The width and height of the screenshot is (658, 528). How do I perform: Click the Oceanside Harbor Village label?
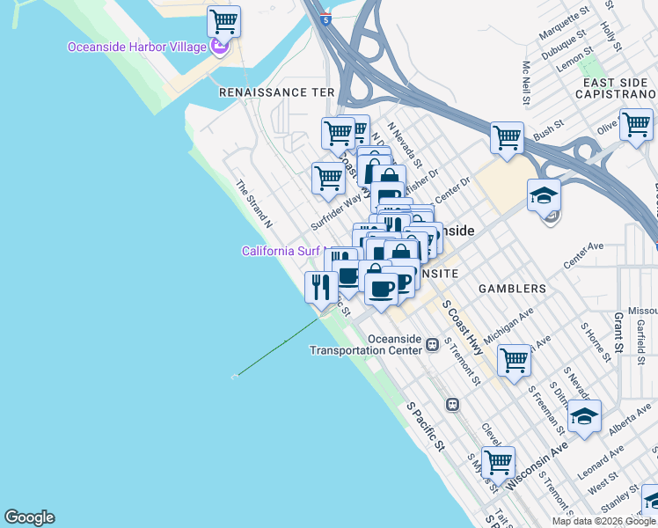(137, 47)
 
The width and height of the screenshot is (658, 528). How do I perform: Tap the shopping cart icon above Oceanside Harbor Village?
(223, 20)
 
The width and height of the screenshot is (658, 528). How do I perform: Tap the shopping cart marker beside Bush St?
(507, 137)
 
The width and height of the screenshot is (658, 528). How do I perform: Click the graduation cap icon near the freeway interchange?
(544, 194)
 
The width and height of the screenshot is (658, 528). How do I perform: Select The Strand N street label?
(253, 205)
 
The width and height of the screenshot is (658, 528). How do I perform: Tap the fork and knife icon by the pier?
(321, 286)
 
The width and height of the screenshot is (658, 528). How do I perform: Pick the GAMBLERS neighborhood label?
(512, 289)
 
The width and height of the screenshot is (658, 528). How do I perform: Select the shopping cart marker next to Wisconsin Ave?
(498, 461)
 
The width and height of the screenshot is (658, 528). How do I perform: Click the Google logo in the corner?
(29, 517)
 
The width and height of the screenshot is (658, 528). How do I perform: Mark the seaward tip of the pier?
(235, 377)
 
